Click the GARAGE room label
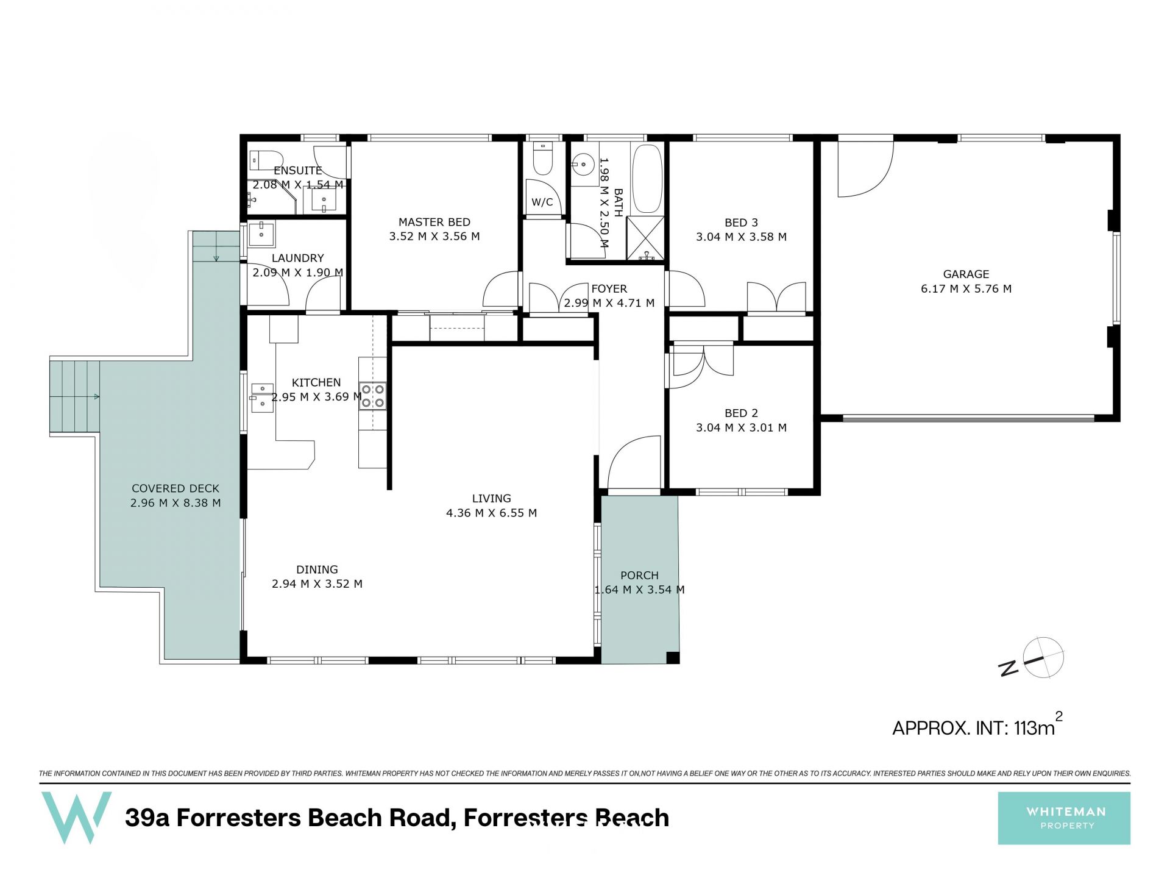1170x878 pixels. (966, 274)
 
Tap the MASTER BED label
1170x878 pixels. (434, 223)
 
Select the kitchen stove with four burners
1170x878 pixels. (372, 394)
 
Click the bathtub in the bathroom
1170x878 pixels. (647, 179)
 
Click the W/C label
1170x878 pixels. (542, 202)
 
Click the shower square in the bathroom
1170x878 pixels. (645, 238)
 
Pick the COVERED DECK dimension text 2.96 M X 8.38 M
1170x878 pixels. (175, 503)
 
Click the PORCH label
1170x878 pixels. (639, 575)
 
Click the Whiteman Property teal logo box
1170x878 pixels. (1064, 818)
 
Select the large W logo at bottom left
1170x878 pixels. (76, 817)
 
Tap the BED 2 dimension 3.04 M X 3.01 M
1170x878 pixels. (741, 427)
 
